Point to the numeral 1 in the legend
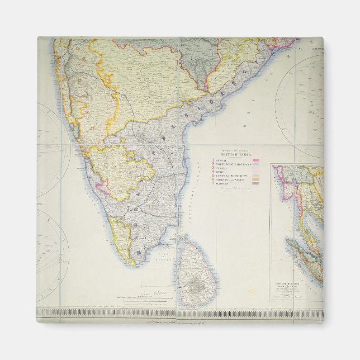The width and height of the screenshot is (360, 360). click(x=212, y=161)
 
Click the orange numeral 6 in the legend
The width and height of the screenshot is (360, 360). click(x=212, y=183)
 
